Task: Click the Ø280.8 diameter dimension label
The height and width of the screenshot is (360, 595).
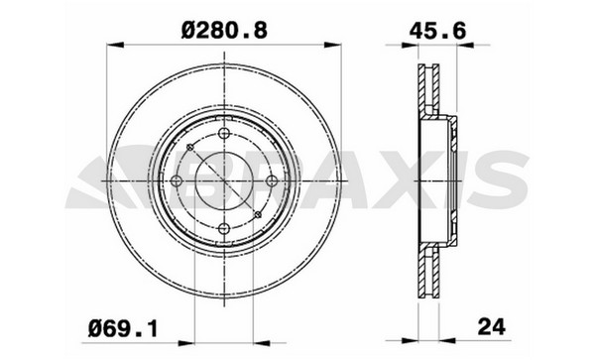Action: [x=224, y=30]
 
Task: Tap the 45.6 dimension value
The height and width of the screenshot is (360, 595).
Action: [x=437, y=31]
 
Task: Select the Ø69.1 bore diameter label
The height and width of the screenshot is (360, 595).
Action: [x=123, y=328]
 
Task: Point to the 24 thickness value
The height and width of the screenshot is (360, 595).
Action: [x=492, y=326]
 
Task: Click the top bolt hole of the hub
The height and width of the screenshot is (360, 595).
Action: [x=225, y=133]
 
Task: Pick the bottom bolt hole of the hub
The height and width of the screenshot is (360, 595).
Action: [x=225, y=228]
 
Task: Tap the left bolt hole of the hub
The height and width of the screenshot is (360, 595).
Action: [x=177, y=180]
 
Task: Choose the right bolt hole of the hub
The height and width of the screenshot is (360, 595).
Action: [x=272, y=180]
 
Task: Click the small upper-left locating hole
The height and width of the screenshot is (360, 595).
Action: [x=190, y=147]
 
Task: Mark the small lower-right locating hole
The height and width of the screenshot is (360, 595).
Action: [x=258, y=214]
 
